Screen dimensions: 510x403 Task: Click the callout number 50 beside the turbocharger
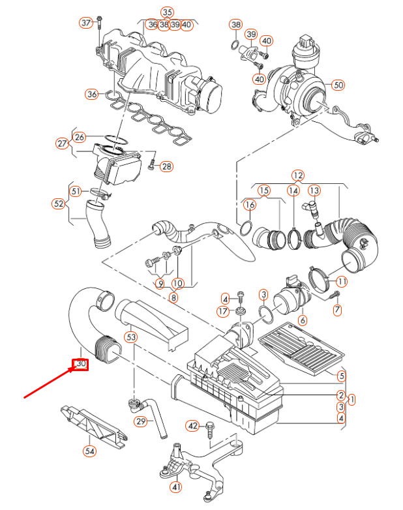coord(337,85)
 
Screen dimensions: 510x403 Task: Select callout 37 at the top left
coord(86,23)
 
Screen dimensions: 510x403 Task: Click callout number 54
coord(89,451)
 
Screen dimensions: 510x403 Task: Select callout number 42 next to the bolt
coord(192,425)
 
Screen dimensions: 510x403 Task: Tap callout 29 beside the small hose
coord(141,422)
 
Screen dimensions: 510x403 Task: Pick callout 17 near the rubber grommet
coord(222,312)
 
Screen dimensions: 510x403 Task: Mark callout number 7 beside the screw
coord(337,311)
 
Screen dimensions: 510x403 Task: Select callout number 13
coord(314,190)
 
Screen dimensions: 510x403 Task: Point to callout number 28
coord(166,166)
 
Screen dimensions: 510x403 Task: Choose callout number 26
coord(80,137)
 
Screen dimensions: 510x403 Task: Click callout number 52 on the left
coord(59,203)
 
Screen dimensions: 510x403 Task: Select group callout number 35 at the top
coord(168,12)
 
